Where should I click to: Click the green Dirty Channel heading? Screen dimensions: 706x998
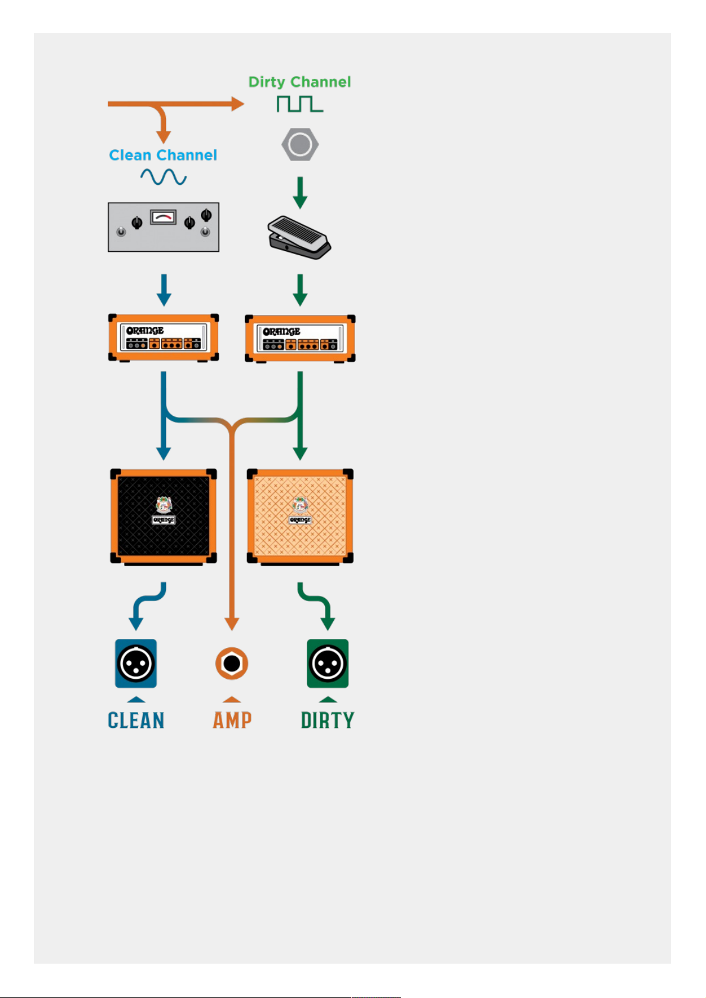(x=299, y=82)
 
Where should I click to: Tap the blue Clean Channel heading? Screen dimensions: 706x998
(x=163, y=155)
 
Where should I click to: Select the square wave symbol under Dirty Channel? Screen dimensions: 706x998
(x=300, y=104)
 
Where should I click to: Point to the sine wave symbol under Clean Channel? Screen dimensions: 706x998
(x=163, y=177)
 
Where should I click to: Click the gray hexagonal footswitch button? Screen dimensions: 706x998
(x=300, y=145)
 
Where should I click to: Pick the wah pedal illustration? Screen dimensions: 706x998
(x=299, y=238)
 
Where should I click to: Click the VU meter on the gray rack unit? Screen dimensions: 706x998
(x=163, y=217)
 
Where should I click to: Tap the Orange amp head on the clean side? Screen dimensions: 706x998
(x=163, y=338)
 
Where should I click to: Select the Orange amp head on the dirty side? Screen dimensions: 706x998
(x=300, y=339)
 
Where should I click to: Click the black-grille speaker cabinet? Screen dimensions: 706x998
(x=163, y=517)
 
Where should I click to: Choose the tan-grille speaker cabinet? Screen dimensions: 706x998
(x=300, y=517)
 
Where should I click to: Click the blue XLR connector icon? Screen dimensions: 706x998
(x=136, y=663)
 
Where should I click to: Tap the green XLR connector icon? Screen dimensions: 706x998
(x=327, y=663)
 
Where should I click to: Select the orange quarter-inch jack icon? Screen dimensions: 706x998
(x=231, y=663)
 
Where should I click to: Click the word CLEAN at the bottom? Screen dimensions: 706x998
(x=136, y=720)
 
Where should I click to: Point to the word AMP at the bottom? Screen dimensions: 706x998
(x=232, y=720)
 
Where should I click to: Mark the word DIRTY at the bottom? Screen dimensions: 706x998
(x=327, y=720)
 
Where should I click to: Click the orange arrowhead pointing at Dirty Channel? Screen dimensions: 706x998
(x=238, y=104)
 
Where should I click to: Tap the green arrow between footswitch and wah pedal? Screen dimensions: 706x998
(x=300, y=193)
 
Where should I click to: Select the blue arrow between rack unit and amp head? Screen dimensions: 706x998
(x=164, y=290)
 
